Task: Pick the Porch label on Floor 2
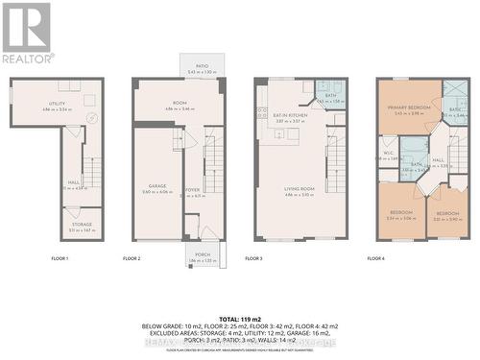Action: [x=198, y=255]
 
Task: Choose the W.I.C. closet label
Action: [x=389, y=154]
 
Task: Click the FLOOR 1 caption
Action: [x=60, y=259]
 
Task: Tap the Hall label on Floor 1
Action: [x=73, y=182]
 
